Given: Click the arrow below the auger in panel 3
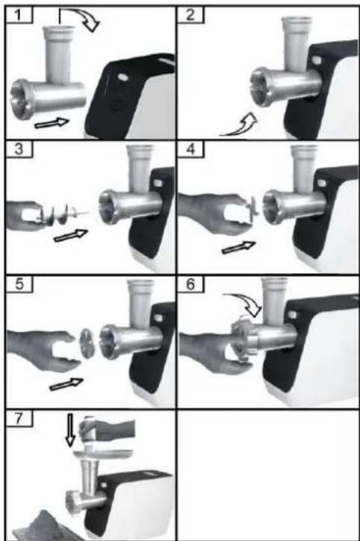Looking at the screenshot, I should click(x=70, y=235).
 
